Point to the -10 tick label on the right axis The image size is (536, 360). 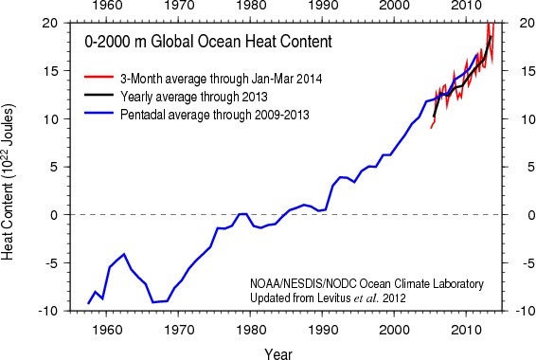pyautogui.click(x=520, y=311)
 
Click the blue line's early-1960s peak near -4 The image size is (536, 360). pyautogui.click(x=124, y=254)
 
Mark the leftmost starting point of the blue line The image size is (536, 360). pyautogui.click(x=88, y=303)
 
